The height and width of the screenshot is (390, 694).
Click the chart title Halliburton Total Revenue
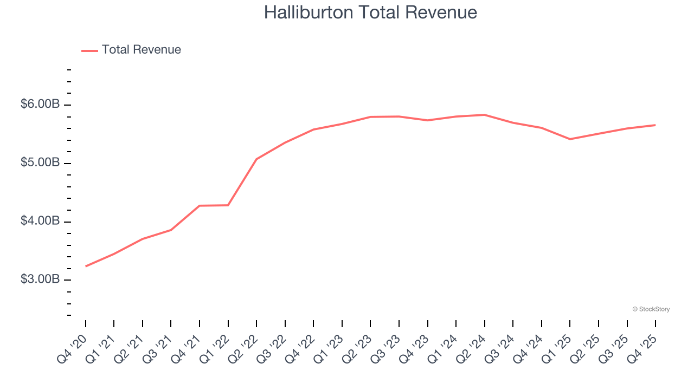pos(370,12)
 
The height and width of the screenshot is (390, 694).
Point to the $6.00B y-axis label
pos(40,104)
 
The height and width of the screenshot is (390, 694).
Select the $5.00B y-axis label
pos(40,162)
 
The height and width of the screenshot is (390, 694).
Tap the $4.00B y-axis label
pos(40,221)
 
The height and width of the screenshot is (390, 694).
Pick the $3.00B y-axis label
pos(40,279)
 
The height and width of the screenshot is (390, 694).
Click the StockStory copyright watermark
pos(651,309)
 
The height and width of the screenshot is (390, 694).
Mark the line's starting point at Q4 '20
pos(86,266)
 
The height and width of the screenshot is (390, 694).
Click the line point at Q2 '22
pos(256,159)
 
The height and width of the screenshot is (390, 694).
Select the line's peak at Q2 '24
pos(484,115)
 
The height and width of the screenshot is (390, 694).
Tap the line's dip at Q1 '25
pos(570,139)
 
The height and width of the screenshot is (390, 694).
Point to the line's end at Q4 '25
pos(655,125)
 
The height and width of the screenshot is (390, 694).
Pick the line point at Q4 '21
pos(200,206)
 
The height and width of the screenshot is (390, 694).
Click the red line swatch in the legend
pos(89,50)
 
